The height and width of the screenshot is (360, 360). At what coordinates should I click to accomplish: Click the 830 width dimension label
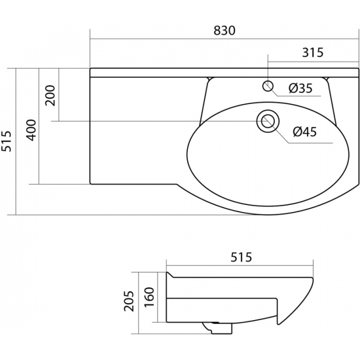(x=225, y=31)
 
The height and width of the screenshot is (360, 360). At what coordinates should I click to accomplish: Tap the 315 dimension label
(x=312, y=52)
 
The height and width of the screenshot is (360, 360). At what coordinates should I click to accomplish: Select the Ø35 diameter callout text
(x=300, y=88)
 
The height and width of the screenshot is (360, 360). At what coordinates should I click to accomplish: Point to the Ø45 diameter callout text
(x=304, y=132)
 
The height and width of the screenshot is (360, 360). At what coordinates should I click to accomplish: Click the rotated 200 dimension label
(x=50, y=96)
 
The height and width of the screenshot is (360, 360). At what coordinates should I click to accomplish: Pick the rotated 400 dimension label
(x=31, y=130)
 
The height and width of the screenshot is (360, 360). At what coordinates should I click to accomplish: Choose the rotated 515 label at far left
(x=6, y=141)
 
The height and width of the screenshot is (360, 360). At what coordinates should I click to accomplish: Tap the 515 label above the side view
(x=241, y=257)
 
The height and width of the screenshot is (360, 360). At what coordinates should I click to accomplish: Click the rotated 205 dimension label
(x=129, y=301)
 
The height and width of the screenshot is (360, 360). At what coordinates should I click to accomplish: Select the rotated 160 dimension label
(x=149, y=297)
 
